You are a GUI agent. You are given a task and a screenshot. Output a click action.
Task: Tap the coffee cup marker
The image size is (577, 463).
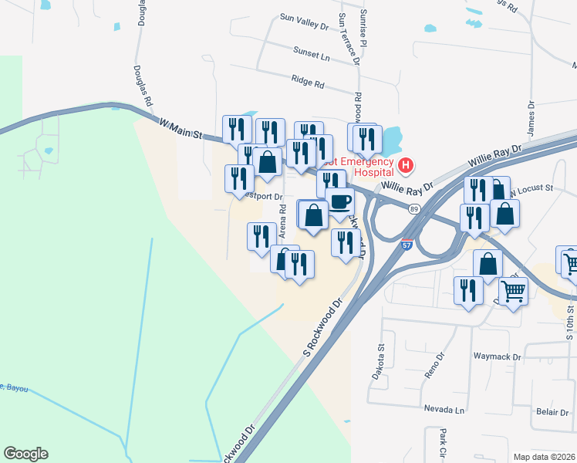point(339,202)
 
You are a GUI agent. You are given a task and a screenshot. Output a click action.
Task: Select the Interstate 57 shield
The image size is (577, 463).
point(407,245)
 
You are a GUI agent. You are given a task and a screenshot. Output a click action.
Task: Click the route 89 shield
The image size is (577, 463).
point(414,209)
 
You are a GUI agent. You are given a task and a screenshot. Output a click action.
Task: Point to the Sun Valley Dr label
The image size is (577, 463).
point(304,24)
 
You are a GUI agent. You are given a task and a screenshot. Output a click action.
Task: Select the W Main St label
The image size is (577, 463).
point(180,128)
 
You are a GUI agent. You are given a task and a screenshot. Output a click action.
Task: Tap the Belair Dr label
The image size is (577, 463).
point(552,412)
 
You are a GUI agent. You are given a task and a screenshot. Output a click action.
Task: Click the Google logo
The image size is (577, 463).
point(25,454)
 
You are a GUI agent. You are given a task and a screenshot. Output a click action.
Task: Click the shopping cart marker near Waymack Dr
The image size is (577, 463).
point(513,292)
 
